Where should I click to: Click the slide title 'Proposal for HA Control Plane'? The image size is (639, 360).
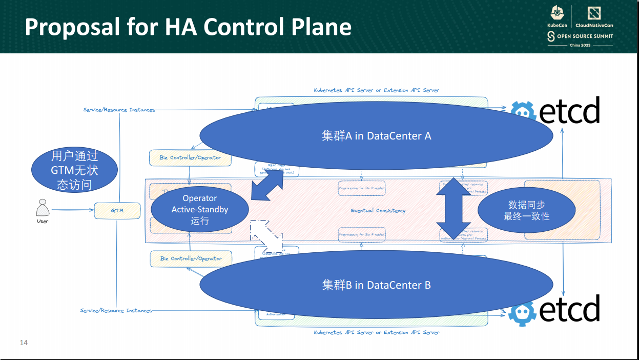188,27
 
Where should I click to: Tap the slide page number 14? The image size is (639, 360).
24,342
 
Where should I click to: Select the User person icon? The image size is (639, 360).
43,208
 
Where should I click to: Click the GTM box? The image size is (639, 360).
117,211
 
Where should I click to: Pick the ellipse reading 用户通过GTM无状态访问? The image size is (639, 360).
74,170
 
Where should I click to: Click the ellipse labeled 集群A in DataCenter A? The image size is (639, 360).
376,136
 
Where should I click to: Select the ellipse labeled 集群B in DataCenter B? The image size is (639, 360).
376,285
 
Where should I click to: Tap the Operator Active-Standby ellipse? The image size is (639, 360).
200,210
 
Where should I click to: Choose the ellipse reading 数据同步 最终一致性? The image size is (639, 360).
526,210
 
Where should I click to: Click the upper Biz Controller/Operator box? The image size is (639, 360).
191,158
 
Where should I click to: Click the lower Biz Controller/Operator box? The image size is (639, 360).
191,258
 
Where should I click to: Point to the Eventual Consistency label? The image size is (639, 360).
378,211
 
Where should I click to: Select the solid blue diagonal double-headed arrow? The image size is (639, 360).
267,184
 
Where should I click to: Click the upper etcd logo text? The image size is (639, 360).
569,111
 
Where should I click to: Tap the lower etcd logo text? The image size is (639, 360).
569,309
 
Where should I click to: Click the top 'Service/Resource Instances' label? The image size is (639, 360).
119,110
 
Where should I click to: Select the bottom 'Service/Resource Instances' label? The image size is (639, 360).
116,310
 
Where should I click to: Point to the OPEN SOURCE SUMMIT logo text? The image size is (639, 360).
584,36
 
